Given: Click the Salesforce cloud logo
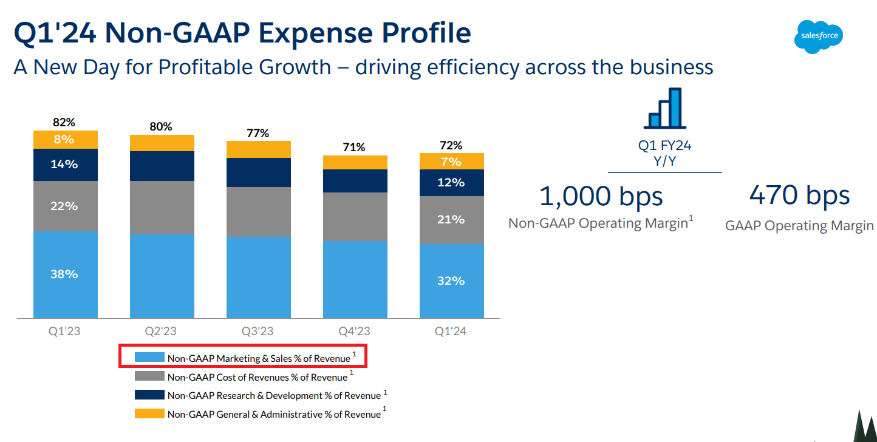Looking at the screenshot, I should tap(819, 36).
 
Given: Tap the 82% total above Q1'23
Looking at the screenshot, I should tap(64, 122).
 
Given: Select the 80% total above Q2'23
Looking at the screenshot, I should tap(161, 126).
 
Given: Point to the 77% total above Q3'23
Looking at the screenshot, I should tap(258, 133).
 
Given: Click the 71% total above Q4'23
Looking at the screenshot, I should tap(354, 147).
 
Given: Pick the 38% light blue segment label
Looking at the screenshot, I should tap(64, 274).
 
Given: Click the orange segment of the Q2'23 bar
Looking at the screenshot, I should tap(162, 143).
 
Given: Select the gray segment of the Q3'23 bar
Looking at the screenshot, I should tap(258, 211).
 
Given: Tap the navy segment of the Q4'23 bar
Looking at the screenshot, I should tap(355, 181).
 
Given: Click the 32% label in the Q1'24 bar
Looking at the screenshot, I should tap(451, 280).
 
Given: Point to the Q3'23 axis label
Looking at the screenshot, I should tap(258, 331).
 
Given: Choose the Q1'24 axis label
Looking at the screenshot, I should tap(451, 331).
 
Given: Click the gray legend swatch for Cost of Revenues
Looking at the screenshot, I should tap(149, 376).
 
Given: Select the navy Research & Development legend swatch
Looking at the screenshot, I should tap(149, 395).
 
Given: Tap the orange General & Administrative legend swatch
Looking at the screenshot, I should tap(149, 413).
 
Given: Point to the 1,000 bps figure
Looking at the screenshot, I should tap(601, 195).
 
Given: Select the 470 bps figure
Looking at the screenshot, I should tap(799, 195).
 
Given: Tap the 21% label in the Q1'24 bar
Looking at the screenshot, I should tap(451, 219).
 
